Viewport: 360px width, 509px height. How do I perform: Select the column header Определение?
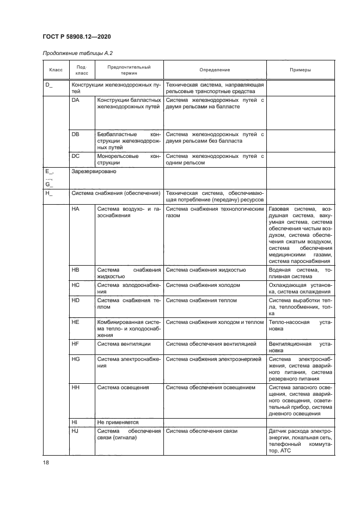coord(215,70)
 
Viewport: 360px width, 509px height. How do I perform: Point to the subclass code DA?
coord(76,100)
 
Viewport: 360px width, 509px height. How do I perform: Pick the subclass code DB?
coord(76,133)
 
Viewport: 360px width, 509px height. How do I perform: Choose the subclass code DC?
coord(76,156)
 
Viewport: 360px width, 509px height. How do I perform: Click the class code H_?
coord(48,193)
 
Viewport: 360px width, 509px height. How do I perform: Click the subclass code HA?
coord(76,209)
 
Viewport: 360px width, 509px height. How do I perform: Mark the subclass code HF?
coord(76,344)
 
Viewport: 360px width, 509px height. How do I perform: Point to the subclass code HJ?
coord(76,431)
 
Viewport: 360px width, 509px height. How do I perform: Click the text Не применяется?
coord(118,422)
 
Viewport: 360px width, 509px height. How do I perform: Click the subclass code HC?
coord(76,285)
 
